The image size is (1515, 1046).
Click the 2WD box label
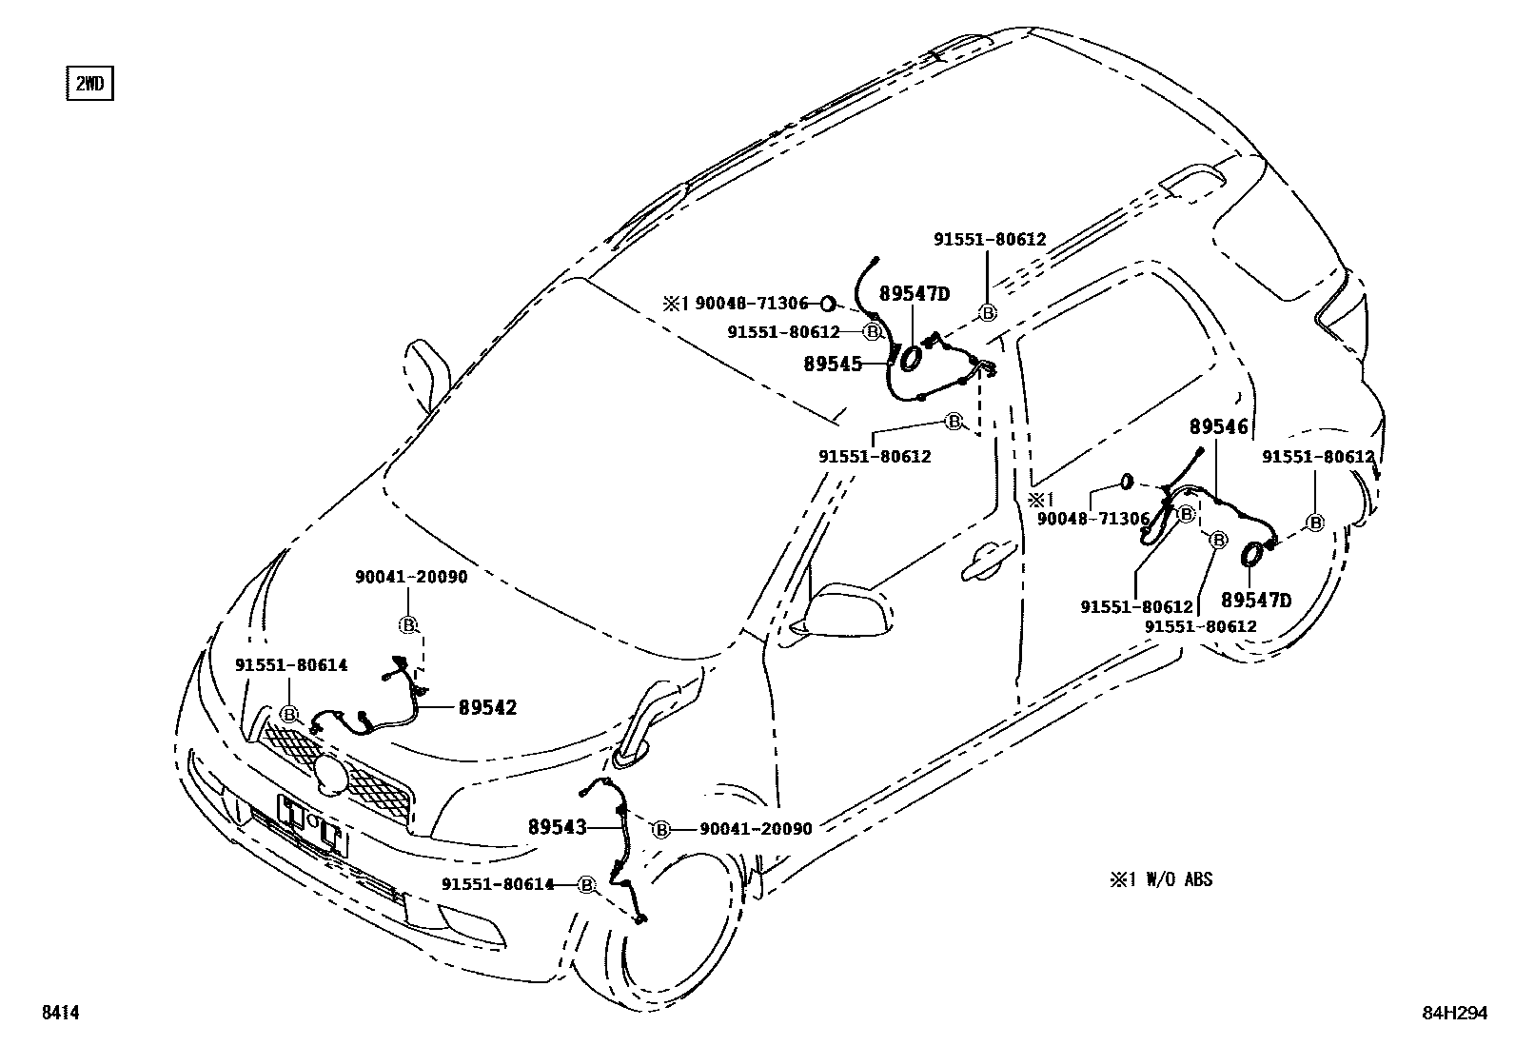[x=89, y=84]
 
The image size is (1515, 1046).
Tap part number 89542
[x=487, y=707]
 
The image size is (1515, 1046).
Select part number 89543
[x=557, y=827]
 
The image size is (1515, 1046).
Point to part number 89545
[x=833, y=364]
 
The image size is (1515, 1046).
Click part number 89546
[x=1217, y=427]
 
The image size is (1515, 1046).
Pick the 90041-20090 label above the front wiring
[x=411, y=577]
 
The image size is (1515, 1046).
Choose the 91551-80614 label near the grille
[x=291, y=665]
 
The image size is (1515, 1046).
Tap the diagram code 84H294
[x=1453, y=1014]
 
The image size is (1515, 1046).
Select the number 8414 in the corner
[x=59, y=1014]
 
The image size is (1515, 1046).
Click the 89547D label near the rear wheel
[x=1256, y=601]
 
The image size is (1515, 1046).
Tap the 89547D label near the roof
[x=914, y=294]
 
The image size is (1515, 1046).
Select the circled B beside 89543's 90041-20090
[x=660, y=829]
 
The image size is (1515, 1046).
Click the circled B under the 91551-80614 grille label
[x=289, y=715]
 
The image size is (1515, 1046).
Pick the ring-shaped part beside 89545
[x=910, y=359]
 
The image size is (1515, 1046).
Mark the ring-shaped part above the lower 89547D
[x=1253, y=554]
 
